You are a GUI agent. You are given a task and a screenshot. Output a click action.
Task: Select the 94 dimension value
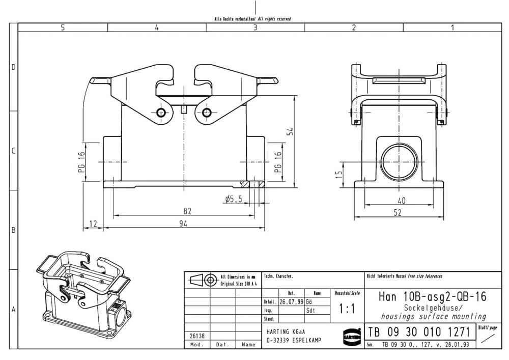[183, 224]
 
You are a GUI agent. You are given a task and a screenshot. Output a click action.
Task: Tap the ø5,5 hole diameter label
[233, 200]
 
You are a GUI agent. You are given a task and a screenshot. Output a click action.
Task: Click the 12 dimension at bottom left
[93, 224]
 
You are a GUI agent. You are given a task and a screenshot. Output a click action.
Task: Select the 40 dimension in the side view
[402, 201]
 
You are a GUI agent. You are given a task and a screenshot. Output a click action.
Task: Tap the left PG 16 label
[81, 162]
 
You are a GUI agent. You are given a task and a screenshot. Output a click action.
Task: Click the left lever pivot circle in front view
[162, 113]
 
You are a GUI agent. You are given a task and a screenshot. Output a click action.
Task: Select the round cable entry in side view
[402, 158]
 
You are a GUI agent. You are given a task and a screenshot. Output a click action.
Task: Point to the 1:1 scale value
[348, 309]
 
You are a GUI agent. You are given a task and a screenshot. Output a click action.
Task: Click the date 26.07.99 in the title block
[291, 301]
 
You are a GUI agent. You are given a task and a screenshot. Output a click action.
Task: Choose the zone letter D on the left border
[14, 68]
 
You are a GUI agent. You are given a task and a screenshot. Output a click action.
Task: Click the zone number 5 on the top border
[63, 28]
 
